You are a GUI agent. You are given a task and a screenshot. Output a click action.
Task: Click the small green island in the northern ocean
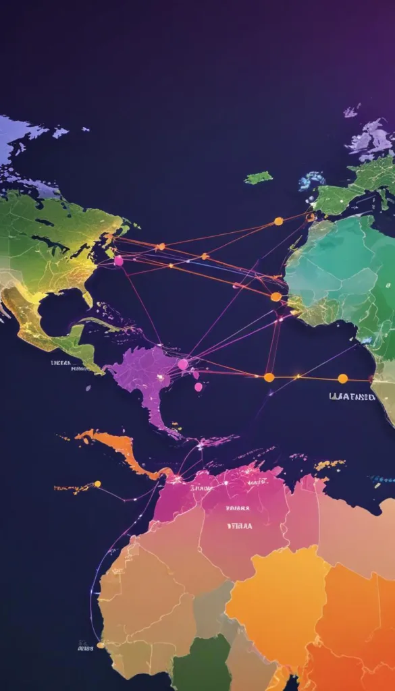click(x=259, y=177)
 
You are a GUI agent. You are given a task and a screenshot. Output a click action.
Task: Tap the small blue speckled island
click(x=312, y=180)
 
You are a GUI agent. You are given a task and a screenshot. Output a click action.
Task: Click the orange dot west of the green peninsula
click(x=278, y=221)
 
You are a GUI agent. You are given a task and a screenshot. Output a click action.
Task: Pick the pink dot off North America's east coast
click(x=119, y=260)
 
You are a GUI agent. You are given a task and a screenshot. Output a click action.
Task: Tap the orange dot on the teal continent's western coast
click(x=275, y=296)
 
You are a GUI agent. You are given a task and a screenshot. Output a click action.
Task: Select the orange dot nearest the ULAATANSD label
click(x=342, y=378)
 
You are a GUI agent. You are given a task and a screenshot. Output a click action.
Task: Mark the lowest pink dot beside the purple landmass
click(x=199, y=387)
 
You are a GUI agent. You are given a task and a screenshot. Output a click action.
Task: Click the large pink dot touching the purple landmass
click(x=182, y=364)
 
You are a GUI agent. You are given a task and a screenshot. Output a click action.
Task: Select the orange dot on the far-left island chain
click(x=97, y=484)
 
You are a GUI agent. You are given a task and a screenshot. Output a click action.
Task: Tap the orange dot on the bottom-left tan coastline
click(x=101, y=644)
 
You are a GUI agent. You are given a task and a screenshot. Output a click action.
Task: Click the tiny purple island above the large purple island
click(x=351, y=111)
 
